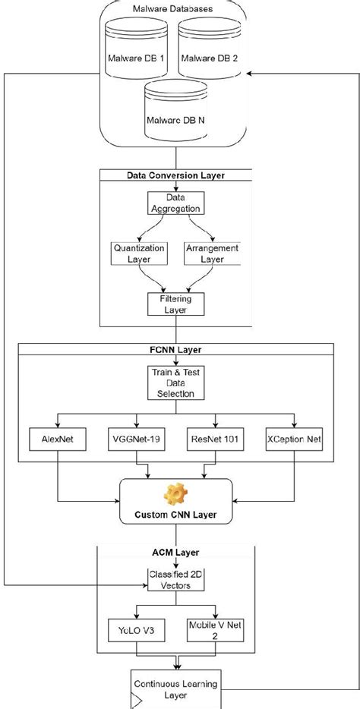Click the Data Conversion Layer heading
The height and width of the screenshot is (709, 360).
pos(175,175)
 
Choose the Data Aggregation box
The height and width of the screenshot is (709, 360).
pos(175,201)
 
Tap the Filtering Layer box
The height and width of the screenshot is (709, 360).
pos(175,304)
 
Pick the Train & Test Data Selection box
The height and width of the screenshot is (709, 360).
pos(175,383)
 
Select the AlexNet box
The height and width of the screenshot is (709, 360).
pos(57,438)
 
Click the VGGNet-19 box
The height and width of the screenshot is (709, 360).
pos(137,438)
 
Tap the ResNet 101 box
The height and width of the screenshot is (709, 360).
pos(215,438)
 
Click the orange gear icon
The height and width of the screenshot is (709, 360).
pos(175,496)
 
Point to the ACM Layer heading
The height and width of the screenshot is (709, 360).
pos(175,553)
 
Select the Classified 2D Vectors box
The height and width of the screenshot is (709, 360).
pos(175,581)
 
